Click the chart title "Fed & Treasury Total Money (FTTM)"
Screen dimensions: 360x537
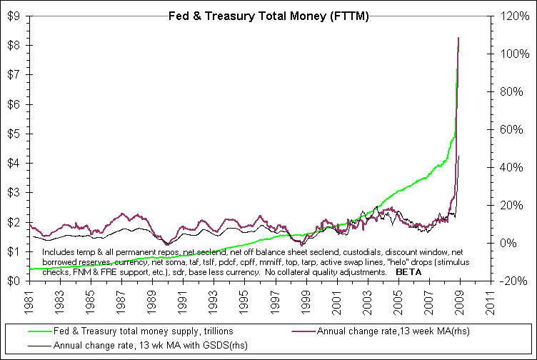(268, 16)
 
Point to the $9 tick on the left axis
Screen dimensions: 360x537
(14, 16)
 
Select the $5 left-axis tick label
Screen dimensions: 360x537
(14, 134)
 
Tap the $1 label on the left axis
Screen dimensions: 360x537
(14, 251)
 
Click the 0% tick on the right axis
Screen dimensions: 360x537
(511, 243)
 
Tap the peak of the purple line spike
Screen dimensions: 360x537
(458, 37)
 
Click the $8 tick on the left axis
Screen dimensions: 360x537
(14, 46)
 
